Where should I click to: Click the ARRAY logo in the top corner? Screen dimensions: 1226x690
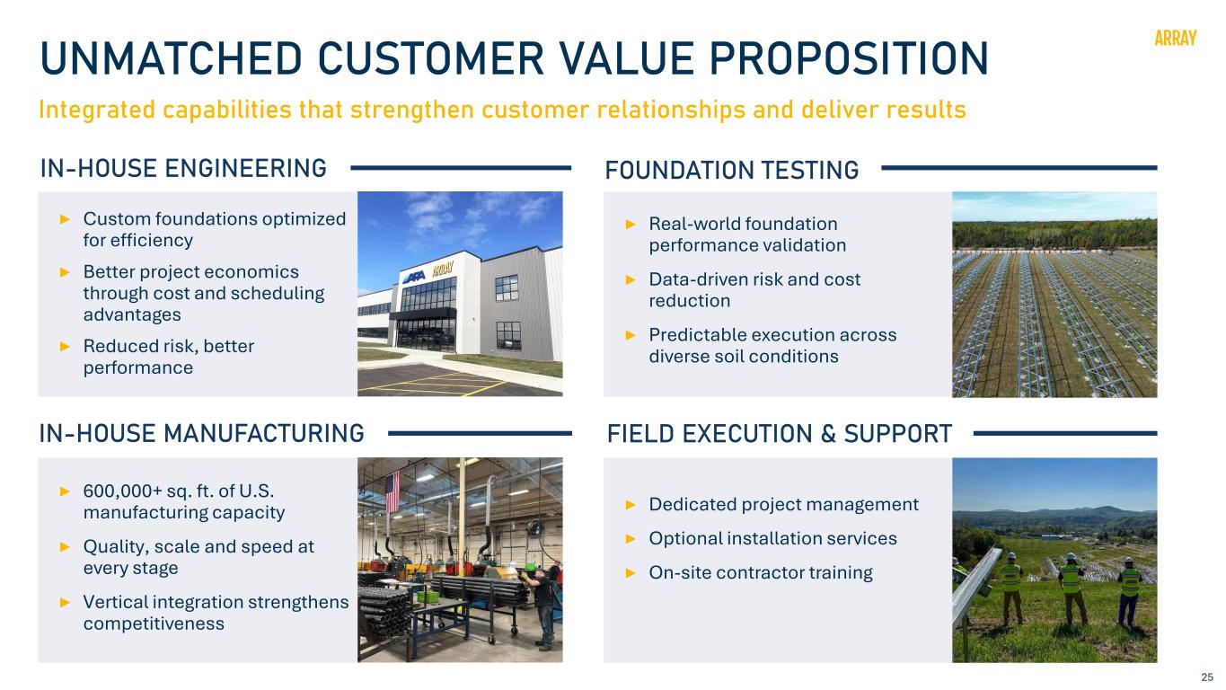coord(1175,38)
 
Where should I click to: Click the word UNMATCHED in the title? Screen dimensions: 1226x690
coord(172,58)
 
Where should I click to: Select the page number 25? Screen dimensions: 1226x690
coord(1207,677)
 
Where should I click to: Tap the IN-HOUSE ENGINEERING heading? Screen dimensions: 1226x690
coord(183,168)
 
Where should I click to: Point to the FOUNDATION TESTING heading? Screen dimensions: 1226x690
coord(732,170)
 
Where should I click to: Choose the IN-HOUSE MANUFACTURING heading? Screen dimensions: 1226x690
coord(201,433)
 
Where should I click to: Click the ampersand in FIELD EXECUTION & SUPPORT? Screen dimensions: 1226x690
coord(828,433)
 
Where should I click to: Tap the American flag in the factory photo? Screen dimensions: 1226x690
coord(392,491)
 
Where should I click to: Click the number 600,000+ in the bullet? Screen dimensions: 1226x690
coord(122,491)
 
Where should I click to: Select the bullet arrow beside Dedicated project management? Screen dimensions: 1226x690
coord(631,504)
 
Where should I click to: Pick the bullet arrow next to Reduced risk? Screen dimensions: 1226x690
coord(65,346)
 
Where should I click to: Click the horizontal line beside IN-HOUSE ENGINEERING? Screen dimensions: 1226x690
coord(461,168)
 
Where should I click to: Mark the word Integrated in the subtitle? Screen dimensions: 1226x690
coord(97,111)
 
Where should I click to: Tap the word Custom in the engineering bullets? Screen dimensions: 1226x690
coord(117,218)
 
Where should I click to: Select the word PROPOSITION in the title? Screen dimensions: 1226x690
coord(849,58)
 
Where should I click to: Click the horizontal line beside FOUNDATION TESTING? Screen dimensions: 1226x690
coord(1019,168)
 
